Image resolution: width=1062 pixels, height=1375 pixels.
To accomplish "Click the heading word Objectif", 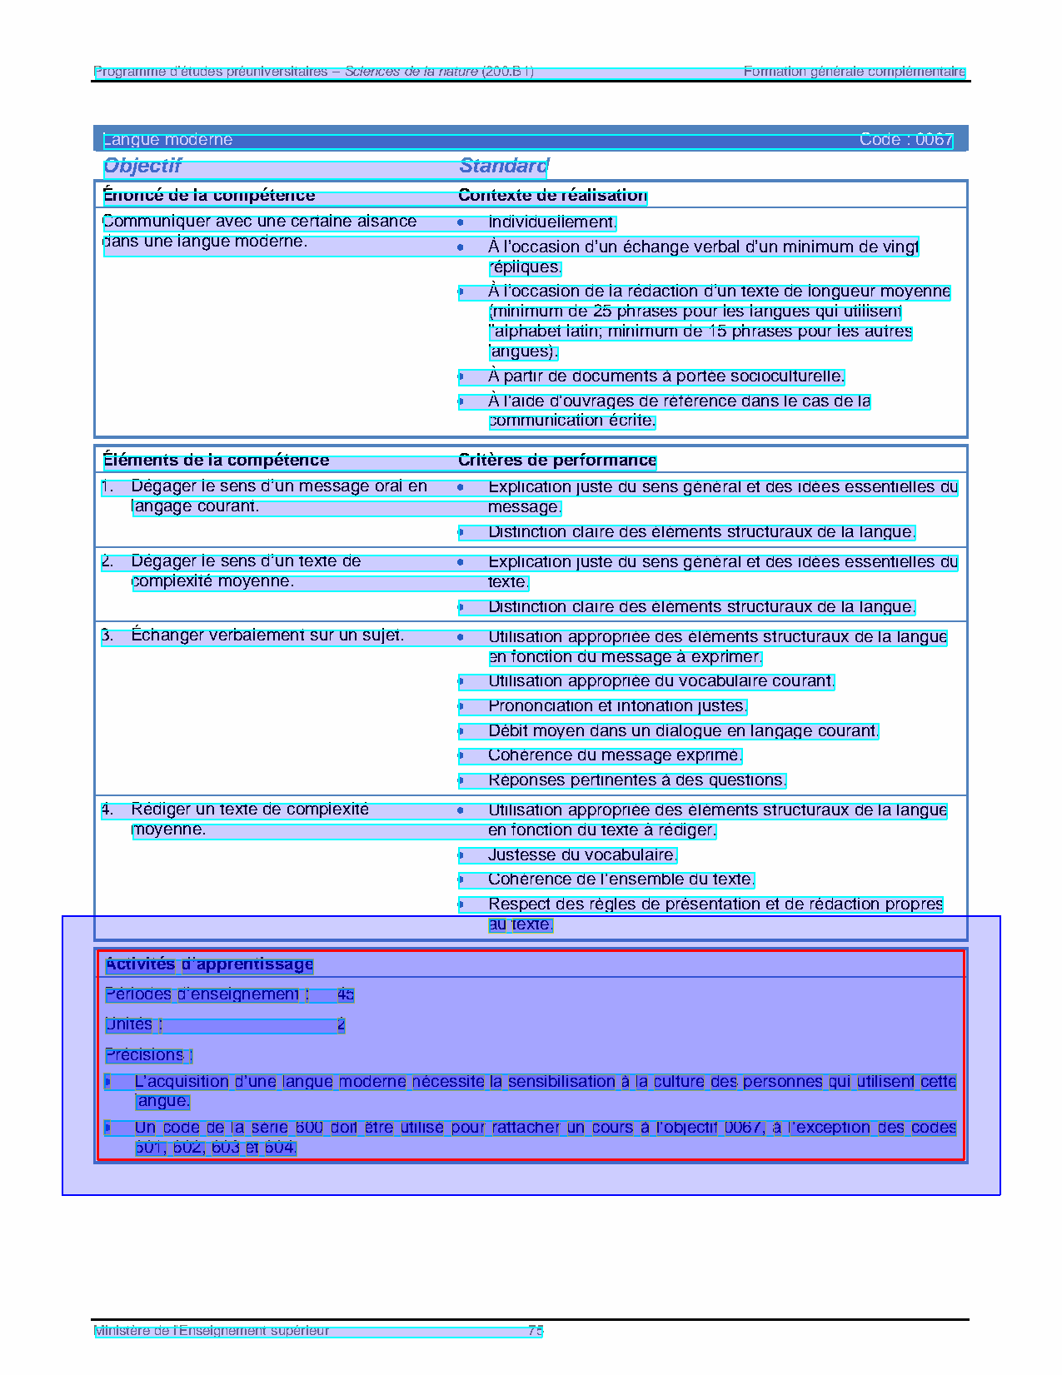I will point(142,167).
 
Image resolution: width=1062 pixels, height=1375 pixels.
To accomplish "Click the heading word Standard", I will point(504,167).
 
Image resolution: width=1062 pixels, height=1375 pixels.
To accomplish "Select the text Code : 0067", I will point(905,140).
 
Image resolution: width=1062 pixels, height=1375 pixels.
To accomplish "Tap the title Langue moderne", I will point(167,140).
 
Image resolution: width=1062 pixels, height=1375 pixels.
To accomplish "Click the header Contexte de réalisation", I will point(552,196).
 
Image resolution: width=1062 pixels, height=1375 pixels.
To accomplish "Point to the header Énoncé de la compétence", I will point(209,196).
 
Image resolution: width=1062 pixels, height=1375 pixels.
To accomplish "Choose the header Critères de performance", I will point(557,461).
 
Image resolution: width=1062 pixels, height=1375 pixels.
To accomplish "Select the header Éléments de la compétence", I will point(216,461).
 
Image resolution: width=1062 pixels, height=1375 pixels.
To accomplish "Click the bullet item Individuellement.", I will point(551,222).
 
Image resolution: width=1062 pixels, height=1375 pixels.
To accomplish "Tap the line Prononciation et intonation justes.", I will point(616,706).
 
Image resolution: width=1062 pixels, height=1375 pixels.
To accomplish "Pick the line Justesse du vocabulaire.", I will point(582,855).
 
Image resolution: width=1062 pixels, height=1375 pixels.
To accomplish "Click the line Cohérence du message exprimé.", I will point(614,755).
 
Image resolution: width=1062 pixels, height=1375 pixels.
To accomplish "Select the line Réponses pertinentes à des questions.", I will point(636,780).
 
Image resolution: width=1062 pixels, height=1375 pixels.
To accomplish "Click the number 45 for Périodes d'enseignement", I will point(346,994).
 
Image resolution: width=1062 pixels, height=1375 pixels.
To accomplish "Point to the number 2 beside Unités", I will point(341,1024).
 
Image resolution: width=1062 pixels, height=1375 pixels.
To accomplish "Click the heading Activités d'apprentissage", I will point(209,964).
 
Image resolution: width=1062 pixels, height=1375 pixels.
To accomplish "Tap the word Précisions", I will point(145,1055).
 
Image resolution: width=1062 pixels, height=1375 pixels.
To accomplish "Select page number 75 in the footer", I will point(536,1331).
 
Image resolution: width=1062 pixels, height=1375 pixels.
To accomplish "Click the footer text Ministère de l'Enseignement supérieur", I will point(212,1331).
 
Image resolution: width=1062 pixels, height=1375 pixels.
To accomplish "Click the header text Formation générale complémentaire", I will point(854,72).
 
